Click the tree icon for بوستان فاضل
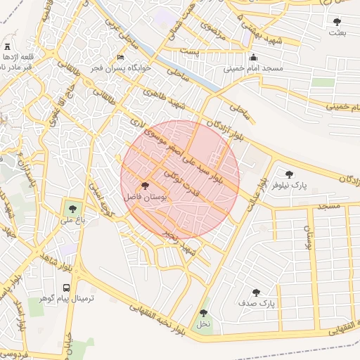(146, 186)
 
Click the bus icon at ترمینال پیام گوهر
(66, 288)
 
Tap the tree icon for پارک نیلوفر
(289, 174)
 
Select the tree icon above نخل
(203, 313)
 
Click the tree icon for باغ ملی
(71, 208)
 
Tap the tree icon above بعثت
(337, 22)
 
